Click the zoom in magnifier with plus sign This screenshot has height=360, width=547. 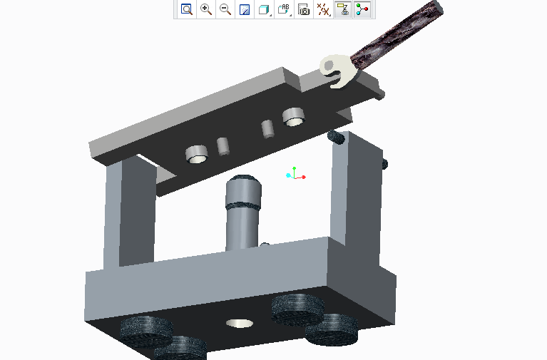click(206, 9)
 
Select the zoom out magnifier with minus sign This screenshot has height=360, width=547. click(225, 9)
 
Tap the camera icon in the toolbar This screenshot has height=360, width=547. click(304, 9)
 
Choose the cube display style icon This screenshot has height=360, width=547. click(264, 9)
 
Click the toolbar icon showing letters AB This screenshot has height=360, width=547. click(284, 9)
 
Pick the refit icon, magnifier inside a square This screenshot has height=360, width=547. click(187, 9)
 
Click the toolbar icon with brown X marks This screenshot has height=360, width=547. click(323, 9)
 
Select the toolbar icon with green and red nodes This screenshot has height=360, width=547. click(362, 9)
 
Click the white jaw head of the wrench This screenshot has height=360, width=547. click(336, 71)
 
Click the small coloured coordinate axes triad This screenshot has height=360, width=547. click(295, 173)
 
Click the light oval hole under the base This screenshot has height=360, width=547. click(240, 323)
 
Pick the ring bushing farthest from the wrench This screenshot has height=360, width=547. click(196, 153)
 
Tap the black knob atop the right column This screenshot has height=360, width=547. click(336, 136)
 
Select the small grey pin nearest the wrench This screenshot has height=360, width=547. click(268, 129)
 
